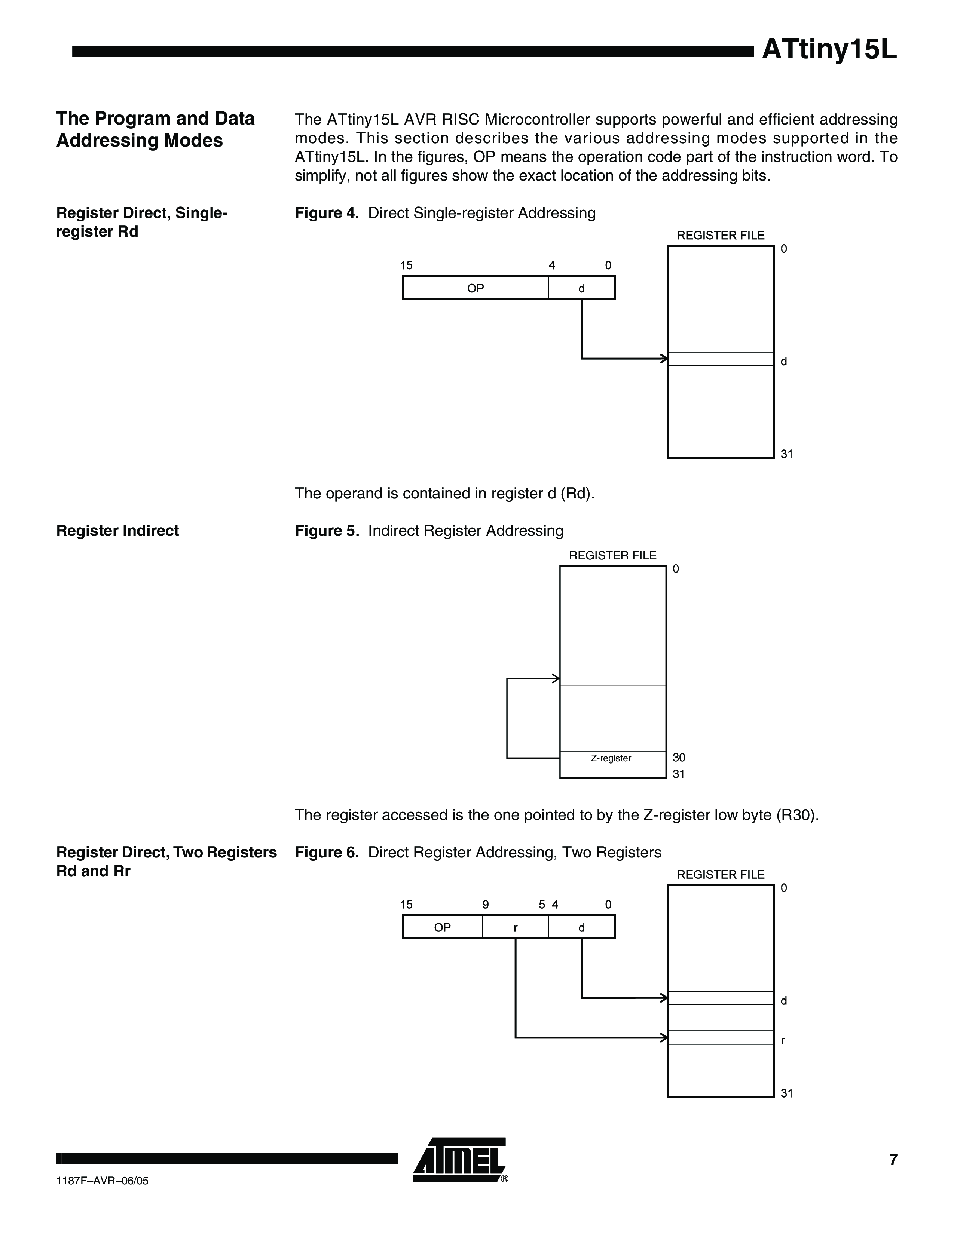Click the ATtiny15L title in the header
[829, 50]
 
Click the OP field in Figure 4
[475, 288]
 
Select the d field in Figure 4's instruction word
[581, 288]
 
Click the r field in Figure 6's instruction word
[516, 927]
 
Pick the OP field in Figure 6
[443, 927]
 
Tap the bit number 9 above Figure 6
[486, 905]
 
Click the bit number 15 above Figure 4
[406, 265]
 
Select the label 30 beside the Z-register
[679, 758]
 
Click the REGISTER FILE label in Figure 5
[613, 555]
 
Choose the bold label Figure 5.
[327, 531]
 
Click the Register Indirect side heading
[117, 531]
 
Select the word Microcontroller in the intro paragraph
[537, 120]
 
